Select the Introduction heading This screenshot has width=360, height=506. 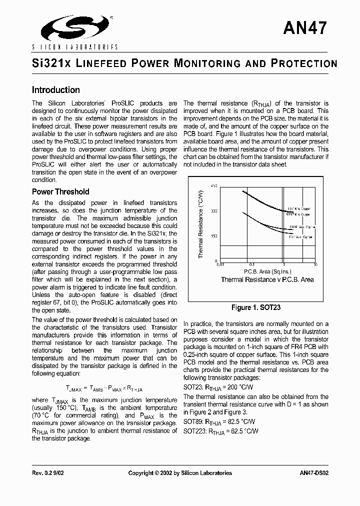pos(55,90)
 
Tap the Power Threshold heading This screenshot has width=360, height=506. pos(60,191)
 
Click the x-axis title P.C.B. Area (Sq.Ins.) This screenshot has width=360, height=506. pos(267,271)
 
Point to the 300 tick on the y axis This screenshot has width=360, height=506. pos(213,211)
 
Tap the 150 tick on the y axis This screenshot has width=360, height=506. pos(213,236)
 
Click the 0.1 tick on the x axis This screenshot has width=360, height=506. pos(251,264)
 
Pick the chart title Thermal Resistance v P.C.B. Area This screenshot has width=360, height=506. pos(267,279)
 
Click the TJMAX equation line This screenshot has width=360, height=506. pos(104,388)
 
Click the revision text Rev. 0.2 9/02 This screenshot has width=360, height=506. pos(50,473)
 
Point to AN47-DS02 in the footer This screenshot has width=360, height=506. pos(314,473)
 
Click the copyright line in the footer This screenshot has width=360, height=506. pos(180,473)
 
